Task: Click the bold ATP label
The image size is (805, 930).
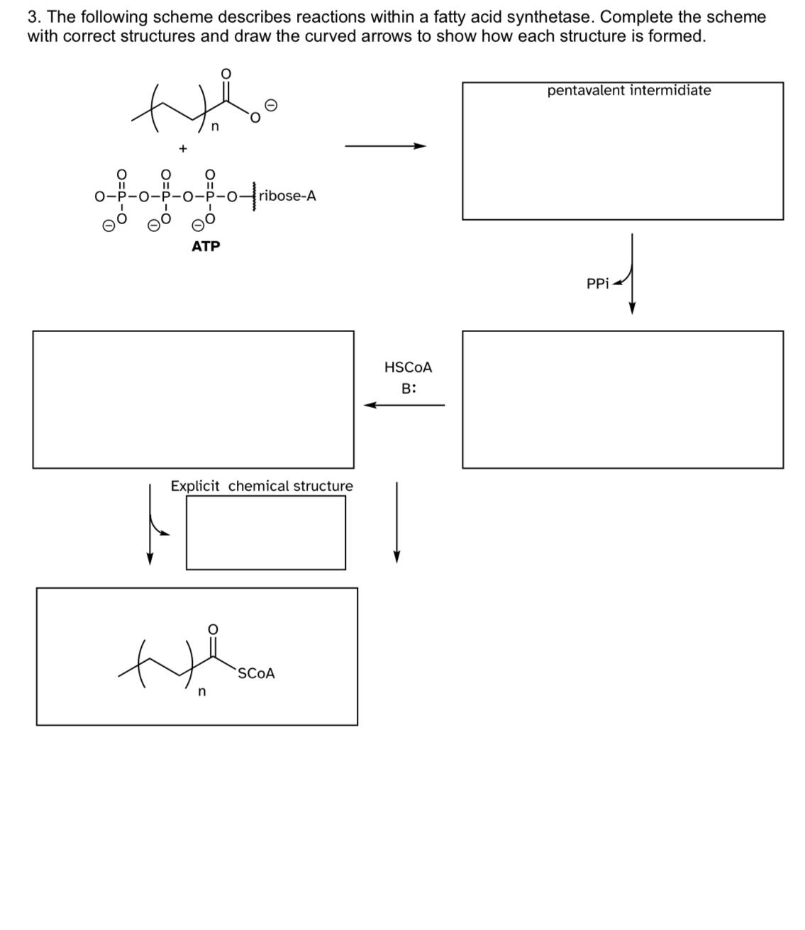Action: tap(206, 246)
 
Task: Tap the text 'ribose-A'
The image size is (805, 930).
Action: tap(287, 196)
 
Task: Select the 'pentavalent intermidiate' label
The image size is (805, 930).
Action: tap(628, 90)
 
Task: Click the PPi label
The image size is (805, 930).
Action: tap(597, 284)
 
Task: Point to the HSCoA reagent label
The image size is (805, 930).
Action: tap(408, 367)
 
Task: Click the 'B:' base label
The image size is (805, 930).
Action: tap(409, 389)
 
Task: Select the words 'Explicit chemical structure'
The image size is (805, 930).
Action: tap(262, 486)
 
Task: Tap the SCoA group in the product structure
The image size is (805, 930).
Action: tap(256, 673)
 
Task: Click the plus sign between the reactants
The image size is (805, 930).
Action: tap(183, 149)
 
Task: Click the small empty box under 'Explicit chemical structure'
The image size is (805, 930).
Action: tap(266, 533)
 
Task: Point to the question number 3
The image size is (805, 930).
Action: tap(33, 16)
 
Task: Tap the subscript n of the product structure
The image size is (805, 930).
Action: tap(201, 692)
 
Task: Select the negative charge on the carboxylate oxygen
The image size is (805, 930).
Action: tap(271, 105)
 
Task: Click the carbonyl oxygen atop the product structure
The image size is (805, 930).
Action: tap(212, 629)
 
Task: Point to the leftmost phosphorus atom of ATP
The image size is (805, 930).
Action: tap(122, 196)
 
